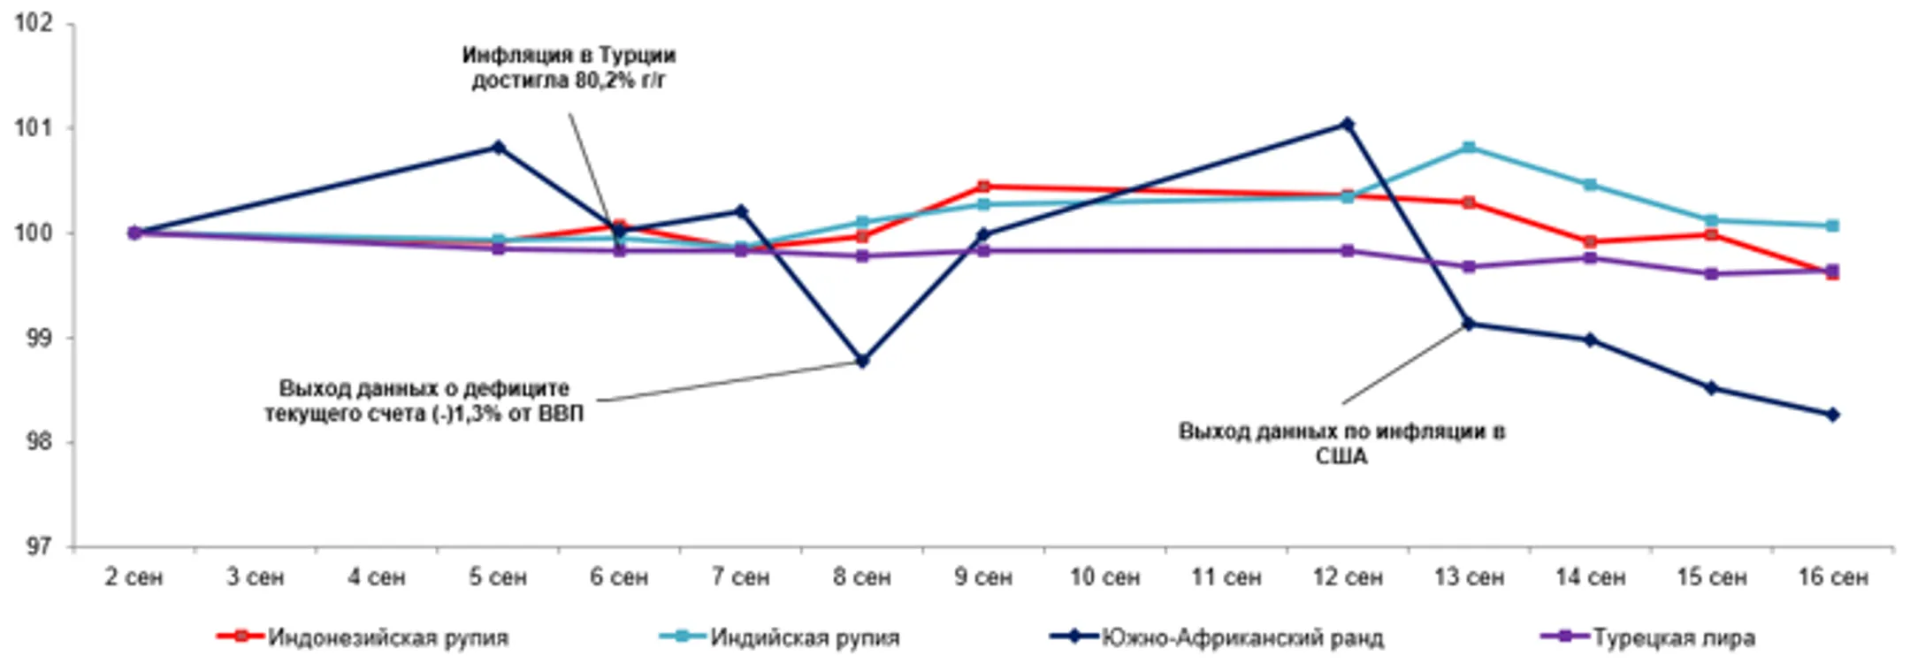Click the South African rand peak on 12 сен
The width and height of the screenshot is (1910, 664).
[x=1347, y=124]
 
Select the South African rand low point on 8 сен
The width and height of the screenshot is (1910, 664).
[x=863, y=361]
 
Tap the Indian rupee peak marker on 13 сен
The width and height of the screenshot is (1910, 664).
[x=1469, y=147]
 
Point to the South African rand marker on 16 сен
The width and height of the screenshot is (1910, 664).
[x=1833, y=415]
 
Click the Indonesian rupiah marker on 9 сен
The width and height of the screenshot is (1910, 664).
[x=983, y=187]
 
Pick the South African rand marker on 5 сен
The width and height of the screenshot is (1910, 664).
[x=499, y=147]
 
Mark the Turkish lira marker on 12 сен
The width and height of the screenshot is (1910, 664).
[x=1347, y=251]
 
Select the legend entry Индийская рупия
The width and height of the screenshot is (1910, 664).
[x=805, y=637]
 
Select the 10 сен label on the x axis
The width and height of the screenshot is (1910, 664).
[x=1104, y=577]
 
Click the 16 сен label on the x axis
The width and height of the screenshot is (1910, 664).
[x=1833, y=577]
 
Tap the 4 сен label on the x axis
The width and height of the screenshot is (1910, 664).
[x=377, y=577]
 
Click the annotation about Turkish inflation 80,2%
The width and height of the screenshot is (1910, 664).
[x=569, y=68]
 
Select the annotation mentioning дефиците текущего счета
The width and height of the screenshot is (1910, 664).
[x=424, y=401]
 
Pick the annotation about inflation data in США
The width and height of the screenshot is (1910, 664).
[x=1341, y=444]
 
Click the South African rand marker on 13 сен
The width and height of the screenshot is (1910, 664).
[x=1469, y=324]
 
